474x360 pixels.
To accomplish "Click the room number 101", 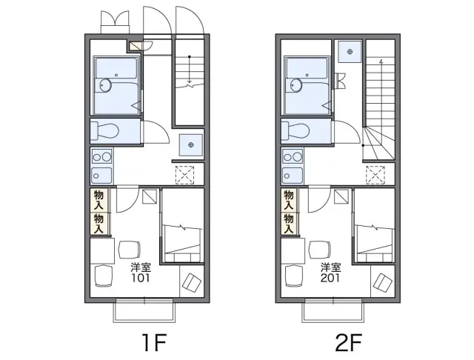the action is (x=141, y=278).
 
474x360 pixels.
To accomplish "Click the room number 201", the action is (x=330, y=278).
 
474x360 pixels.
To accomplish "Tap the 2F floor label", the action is (x=348, y=343).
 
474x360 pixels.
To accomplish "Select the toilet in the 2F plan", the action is (x=295, y=131).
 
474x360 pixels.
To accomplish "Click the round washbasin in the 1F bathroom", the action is (x=105, y=85).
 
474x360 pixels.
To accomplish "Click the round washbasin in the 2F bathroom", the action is (x=296, y=85).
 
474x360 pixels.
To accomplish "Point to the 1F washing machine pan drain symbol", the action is (x=191, y=144).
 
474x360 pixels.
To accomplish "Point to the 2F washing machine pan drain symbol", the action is (x=350, y=52).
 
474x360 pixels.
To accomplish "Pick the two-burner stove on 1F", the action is (x=102, y=157).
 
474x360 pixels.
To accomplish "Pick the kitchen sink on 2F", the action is (x=293, y=176).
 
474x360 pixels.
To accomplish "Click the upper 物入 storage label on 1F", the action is (x=99, y=200).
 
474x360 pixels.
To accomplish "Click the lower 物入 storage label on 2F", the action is (x=289, y=224).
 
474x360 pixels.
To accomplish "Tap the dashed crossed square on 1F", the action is (x=184, y=175).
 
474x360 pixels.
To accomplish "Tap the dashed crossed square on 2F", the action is (x=375, y=175).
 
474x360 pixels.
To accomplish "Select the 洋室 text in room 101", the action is (x=141, y=267).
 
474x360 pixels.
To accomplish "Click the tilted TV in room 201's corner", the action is (x=383, y=283).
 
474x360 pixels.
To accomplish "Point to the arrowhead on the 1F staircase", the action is (x=190, y=81).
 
